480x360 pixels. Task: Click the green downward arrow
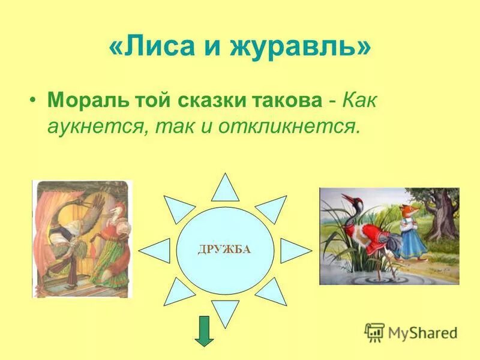click(204, 331)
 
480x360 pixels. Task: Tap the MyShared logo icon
click(374, 331)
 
